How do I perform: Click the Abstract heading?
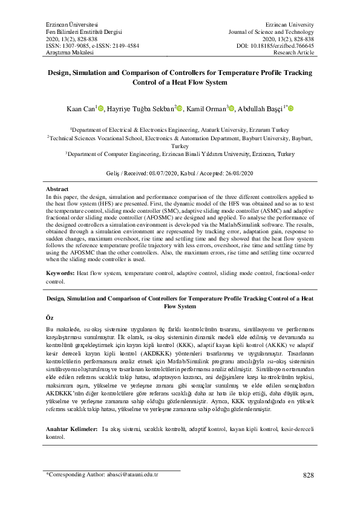click(x=58, y=189)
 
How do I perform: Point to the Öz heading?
click(x=50, y=317)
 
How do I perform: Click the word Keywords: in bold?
click(x=60, y=273)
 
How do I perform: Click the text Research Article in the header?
click(x=294, y=53)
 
